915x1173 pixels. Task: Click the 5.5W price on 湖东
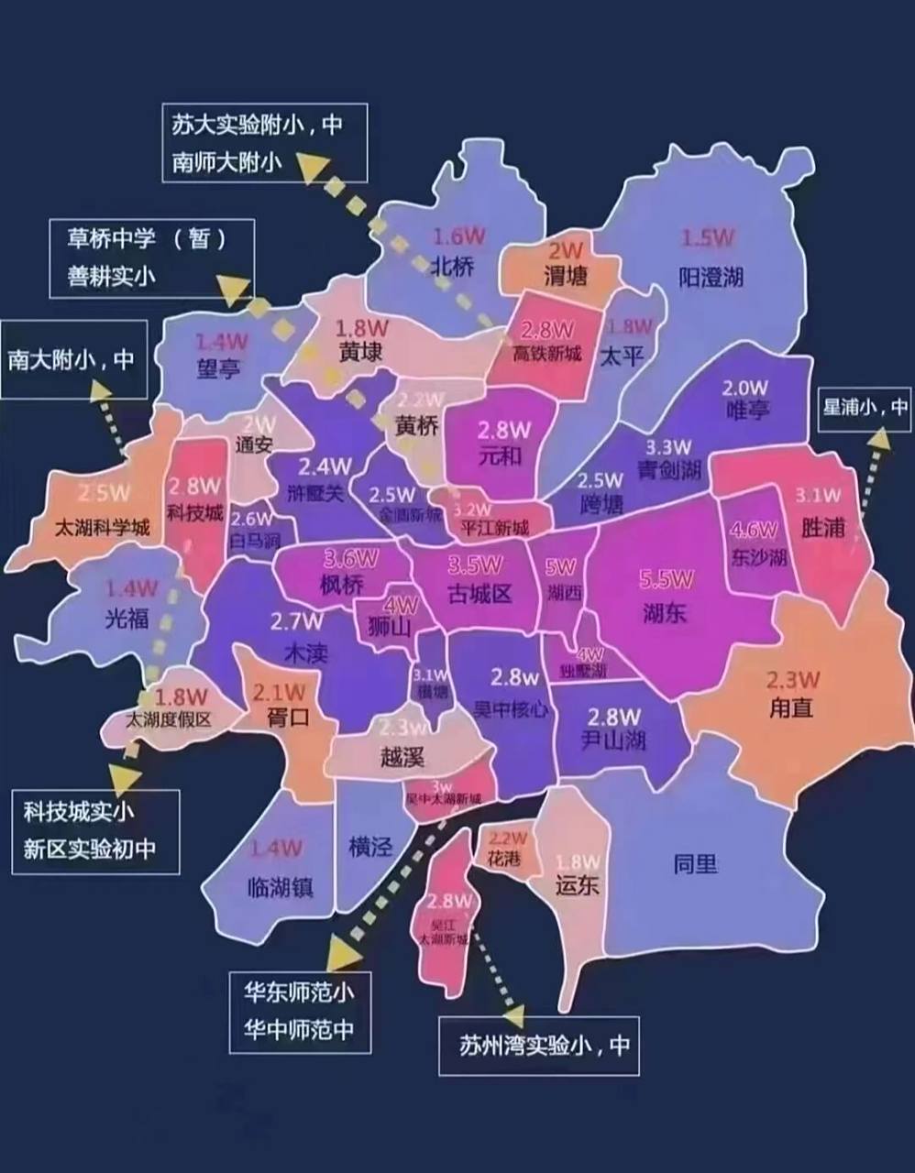(x=667, y=580)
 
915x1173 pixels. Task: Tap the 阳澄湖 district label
(x=711, y=276)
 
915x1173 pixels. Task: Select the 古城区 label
(x=480, y=594)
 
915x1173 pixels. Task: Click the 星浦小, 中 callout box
(x=865, y=406)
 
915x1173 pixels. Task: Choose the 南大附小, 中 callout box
(x=73, y=359)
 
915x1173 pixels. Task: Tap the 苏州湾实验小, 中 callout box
(x=538, y=1046)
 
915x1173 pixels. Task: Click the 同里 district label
(x=695, y=863)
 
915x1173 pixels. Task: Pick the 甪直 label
(x=791, y=707)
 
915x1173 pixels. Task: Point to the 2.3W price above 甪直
(x=793, y=680)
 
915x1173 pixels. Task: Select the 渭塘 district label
(x=565, y=275)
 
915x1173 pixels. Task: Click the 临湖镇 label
(x=280, y=886)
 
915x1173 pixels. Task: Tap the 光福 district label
(x=127, y=619)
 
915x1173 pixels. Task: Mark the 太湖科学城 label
(x=103, y=528)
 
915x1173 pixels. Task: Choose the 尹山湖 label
(x=614, y=740)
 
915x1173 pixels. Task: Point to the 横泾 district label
(x=370, y=846)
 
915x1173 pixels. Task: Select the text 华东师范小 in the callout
(x=299, y=992)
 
